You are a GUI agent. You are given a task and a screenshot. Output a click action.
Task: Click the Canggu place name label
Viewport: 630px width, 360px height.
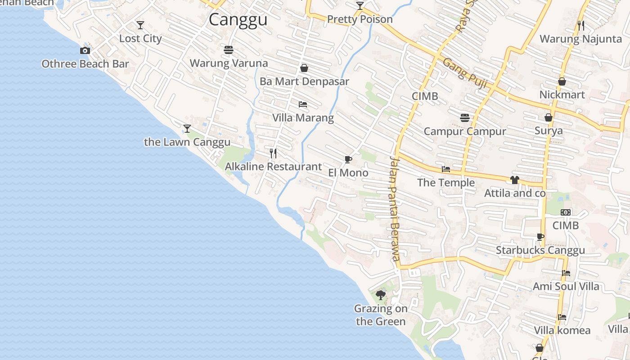click(x=238, y=20)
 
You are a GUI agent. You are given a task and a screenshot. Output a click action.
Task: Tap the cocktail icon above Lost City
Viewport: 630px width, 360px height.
click(x=140, y=25)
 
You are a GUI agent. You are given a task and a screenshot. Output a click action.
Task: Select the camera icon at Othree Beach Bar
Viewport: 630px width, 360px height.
click(x=85, y=50)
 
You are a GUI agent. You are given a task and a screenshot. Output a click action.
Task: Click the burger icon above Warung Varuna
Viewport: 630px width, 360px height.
click(x=228, y=50)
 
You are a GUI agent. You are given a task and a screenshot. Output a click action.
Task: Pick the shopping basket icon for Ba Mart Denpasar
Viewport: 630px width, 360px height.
click(x=304, y=68)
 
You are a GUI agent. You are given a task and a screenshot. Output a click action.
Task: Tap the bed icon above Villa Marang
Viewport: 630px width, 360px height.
click(x=303, y=104)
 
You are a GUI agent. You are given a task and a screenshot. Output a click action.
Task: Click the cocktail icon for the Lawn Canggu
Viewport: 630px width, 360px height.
click(x=187, y=129)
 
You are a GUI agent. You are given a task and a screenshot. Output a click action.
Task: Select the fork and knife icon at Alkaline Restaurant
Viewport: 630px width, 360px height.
click(x=273, y=153)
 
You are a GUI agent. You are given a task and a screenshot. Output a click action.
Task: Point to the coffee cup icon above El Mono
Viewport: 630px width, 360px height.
click(x=348, y=159)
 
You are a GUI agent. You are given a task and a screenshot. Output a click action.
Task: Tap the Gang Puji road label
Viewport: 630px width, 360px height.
click(x=465, y=72)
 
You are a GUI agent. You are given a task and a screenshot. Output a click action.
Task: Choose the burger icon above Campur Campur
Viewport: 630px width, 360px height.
click(x=465, y=118)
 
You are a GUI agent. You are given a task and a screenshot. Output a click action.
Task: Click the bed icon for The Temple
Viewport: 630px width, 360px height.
click(x=446, y=169)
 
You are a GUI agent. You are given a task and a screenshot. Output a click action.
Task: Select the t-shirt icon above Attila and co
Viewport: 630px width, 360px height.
click(x=515, y=180)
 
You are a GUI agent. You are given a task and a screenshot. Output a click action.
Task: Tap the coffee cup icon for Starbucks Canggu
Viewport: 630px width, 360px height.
click(x=540, y=237)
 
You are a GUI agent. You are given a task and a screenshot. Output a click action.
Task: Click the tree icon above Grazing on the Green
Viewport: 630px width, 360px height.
click(x=381, y=295)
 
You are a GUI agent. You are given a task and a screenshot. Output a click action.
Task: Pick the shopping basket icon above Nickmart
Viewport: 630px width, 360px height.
click(x=562, y=81)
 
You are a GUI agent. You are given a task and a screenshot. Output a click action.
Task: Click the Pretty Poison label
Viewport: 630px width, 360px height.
click(x=360, y=19)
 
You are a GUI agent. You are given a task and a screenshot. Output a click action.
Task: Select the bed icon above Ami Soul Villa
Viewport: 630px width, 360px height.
click(x=566, y=273)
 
